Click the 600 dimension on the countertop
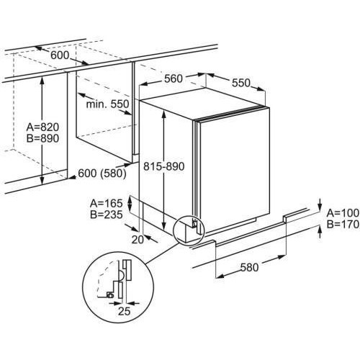click(x=60, y=55)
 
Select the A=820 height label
click(x=42, y=127)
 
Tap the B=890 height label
click(x=42, y=138)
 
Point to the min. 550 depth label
click(x=107, y=104)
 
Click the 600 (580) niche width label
click(x=102, y=174)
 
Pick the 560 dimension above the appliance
click(x=174, y=78)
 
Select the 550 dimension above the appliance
click(x=241, y=83)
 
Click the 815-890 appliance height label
click(x=164, y=166)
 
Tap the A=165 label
click(x=107, y=204)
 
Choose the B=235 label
click(x=107, y=215)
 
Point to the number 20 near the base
click(x=138, y=240)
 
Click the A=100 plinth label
click(x=343, y=213)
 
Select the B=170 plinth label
click(x=343, y=225)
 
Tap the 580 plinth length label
click(x=250, y=267)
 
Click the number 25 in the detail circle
click(x=124, y=311)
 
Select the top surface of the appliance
click(x=204, y=104)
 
